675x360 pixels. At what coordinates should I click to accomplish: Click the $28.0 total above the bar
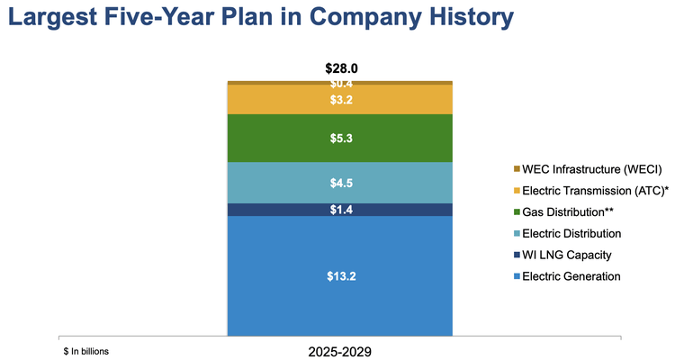click(x=340, y=68)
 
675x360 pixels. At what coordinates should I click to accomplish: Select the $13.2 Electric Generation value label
click(x=340, y=276)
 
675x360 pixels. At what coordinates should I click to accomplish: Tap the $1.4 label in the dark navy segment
click(x=340, y=210)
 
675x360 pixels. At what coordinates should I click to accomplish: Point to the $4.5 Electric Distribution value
click(x=340, y=183)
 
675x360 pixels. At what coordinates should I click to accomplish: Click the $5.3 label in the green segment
click(x=340, y=138)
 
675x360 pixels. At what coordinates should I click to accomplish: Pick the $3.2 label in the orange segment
click(x=340, y=100)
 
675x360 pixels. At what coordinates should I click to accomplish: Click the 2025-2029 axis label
click(x=339, y=352)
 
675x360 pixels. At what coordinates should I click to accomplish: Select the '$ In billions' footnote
click(x=86, y=351)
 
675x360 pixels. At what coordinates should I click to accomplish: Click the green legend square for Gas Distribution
click(x=517, y=212)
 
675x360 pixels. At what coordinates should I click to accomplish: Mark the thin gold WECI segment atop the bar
click(x=340, y=82)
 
